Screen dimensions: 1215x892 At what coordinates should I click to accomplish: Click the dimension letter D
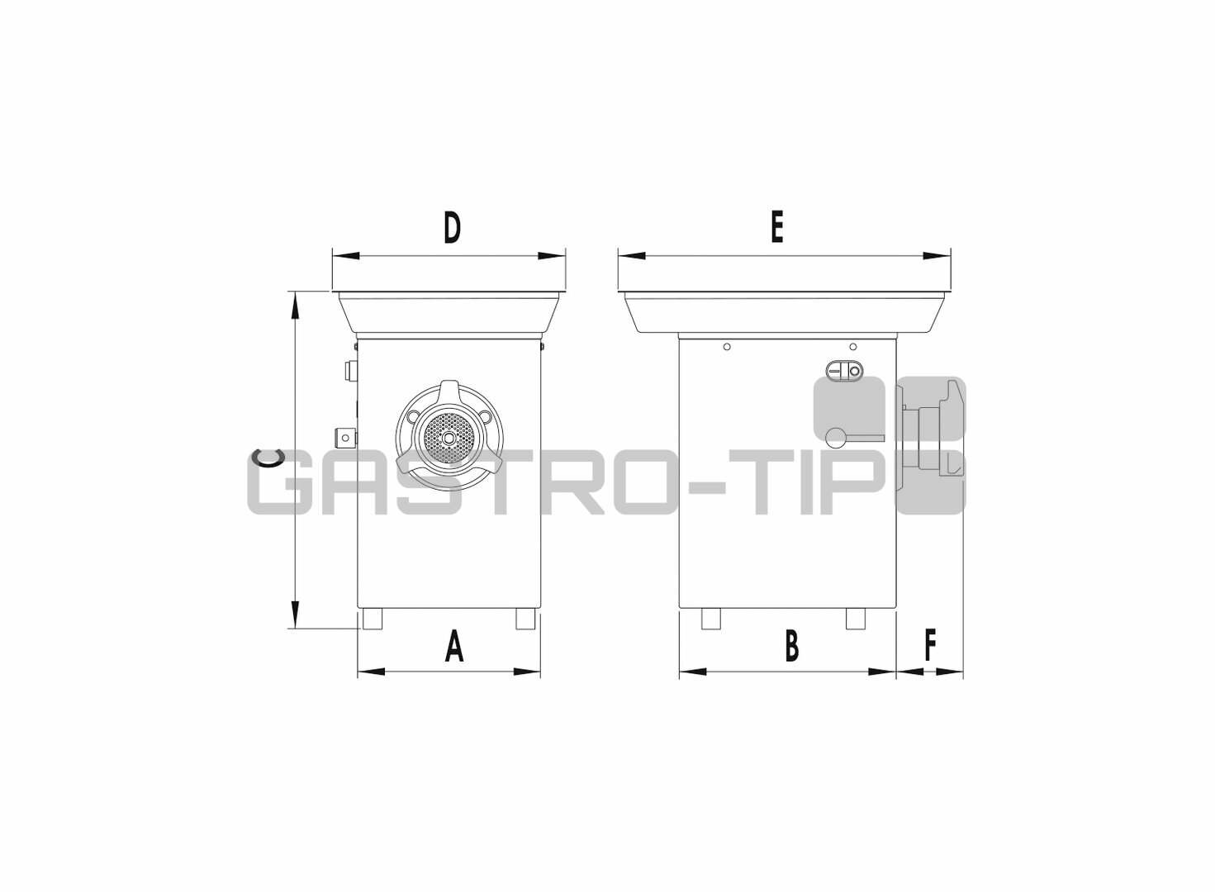[452, 228]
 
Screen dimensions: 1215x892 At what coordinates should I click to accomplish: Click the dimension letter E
[777, 227]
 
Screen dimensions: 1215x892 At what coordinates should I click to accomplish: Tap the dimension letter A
[454, 647]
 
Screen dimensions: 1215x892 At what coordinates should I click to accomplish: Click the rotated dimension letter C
[269, 458]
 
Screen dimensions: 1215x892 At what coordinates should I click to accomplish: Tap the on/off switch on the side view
[843, 371]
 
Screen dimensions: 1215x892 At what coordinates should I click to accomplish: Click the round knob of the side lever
[835, 437]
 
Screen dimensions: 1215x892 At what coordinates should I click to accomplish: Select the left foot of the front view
[372, 619]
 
